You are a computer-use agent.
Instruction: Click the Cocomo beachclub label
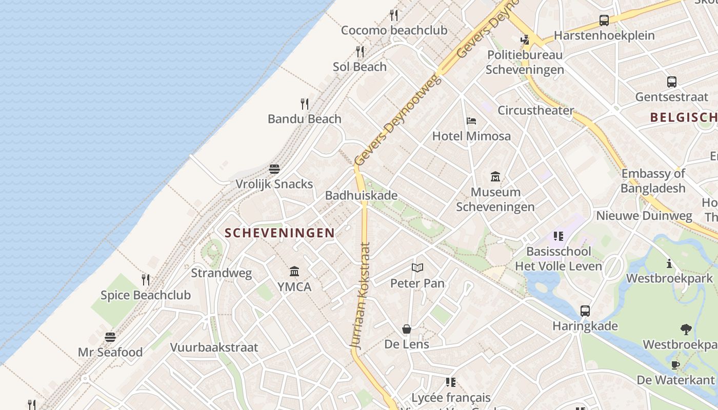tap(394, 30)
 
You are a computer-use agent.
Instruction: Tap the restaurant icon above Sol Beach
tap(360, 52)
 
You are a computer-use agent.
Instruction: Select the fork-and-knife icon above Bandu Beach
tap(305, 104)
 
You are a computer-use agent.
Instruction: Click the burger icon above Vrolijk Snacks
tap(274, 169)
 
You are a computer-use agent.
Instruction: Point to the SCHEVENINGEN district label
tap(280, 233)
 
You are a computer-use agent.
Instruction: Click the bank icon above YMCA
tap(294, 271)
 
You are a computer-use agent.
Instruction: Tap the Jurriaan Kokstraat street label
tap(361, 296)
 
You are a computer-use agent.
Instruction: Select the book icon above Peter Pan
tap(417, 268)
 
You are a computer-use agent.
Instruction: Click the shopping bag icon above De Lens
tap(407, 329)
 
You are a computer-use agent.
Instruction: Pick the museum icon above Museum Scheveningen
tap(495, 177)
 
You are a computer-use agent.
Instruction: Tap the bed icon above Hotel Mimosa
tap(471, 121)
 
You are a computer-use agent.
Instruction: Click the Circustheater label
tap(536, 110)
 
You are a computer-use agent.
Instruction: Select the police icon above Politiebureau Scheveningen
tap(525, 39)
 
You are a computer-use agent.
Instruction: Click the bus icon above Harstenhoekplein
tap(604, 20)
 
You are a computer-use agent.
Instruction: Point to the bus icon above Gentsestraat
tap(671, 81)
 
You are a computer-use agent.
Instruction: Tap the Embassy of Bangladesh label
tap(653, 181)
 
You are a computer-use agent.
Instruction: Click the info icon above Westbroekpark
tap(669, 263)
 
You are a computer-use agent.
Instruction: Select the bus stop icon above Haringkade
tap(585, 311)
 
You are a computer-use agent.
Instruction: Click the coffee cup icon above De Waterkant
tap(675, 365)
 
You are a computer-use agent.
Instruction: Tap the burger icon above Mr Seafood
tap(110, 337)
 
